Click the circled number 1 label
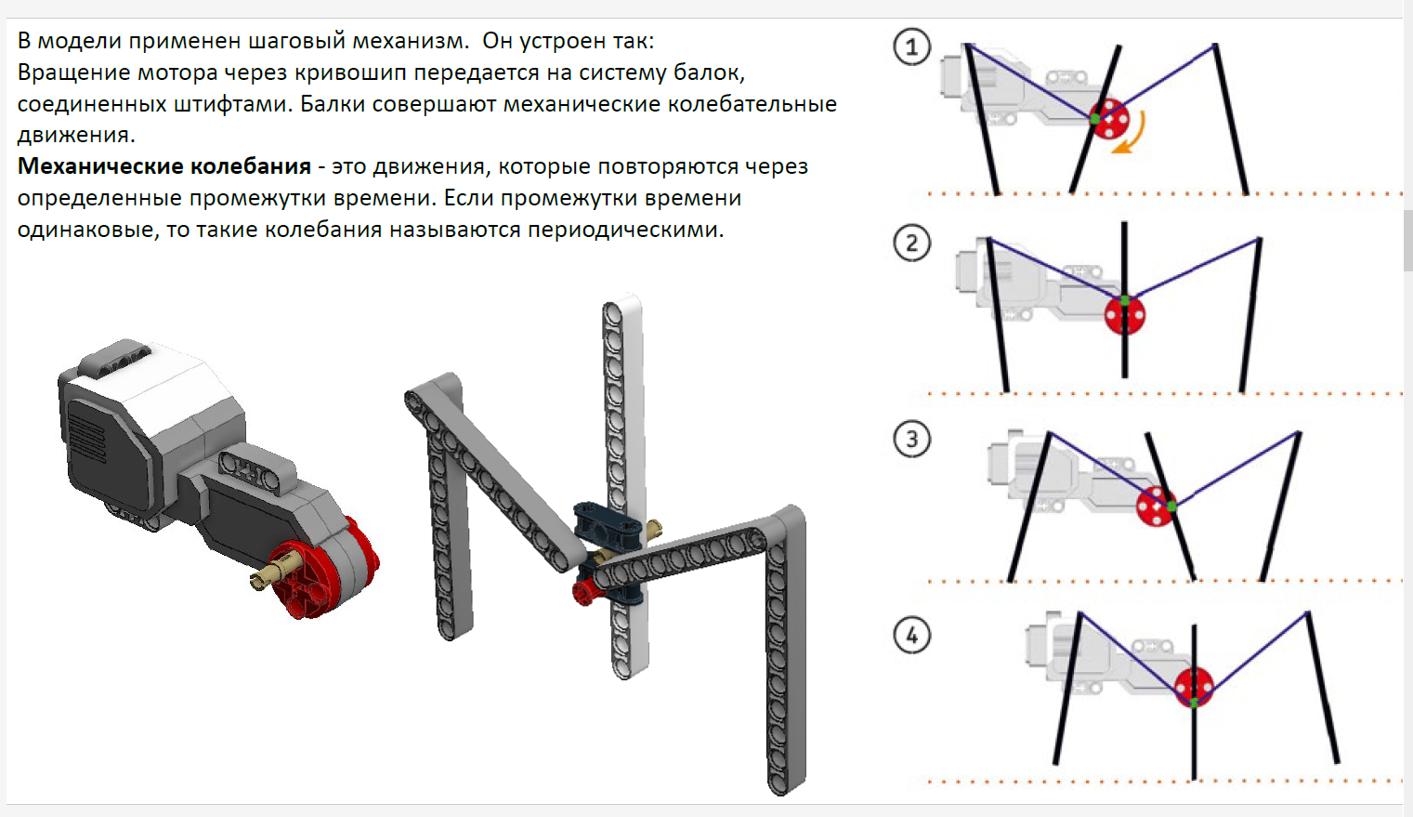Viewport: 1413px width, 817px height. (911, 46)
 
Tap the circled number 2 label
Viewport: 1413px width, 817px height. (911, 243)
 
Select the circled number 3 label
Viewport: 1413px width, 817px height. (911, 439)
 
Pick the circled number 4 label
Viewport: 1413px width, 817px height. (911, 636)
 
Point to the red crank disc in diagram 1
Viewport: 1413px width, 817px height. (1109, 119)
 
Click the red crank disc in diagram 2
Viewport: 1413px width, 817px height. (1125, 315)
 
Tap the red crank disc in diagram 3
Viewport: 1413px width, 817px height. (1156, 507)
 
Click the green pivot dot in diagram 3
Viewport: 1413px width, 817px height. (1171, 506)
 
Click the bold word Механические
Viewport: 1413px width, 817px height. (100, 166)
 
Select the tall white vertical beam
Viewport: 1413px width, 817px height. (624, 486)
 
